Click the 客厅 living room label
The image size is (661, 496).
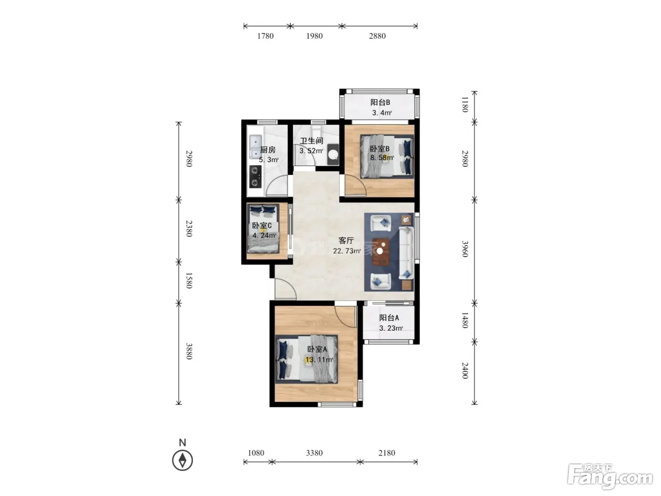point(346,240)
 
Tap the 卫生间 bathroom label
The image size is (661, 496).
point(311,141)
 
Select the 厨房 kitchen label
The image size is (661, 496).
point(268,150)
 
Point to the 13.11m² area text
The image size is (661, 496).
point(319,359)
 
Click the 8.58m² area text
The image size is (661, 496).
point(382,157)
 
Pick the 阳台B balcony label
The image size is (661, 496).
point(380,103)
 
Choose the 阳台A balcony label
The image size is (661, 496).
point(389,318)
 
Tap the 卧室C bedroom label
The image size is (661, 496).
point(262,226)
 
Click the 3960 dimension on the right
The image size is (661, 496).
point(465,249)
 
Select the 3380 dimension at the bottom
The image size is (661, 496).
point(314,453)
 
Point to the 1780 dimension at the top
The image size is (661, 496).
point(265,36)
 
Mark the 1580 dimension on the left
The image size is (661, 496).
point(188,281)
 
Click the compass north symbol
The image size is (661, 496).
point(183,461)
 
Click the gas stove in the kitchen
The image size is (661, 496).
point(255,177)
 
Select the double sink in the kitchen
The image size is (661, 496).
point(256,147)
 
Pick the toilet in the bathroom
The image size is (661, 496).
point(333,154)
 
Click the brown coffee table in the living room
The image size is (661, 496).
point(381,252)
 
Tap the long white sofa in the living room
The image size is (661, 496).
point(406,253)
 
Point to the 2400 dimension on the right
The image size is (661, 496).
point(465,371)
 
